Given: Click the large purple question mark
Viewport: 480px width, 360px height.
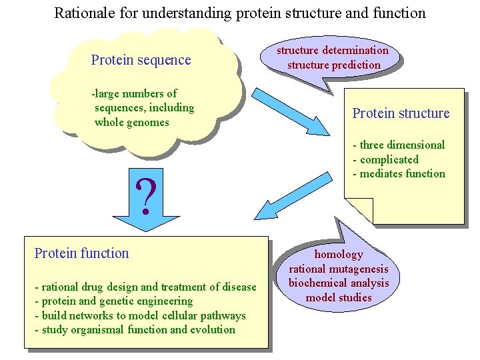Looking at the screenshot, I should coord(147,194).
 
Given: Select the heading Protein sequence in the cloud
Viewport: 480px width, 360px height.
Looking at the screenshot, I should coord(141,60).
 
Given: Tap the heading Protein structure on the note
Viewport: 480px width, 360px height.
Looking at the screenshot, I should coord(401,113).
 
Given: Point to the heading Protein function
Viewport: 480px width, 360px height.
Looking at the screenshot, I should coord(81,253).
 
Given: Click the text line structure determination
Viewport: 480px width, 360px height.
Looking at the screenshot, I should coord(333,51).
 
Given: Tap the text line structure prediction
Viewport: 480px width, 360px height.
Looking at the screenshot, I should coord(333,65).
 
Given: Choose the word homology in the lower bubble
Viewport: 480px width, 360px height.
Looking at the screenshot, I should coord(339,254).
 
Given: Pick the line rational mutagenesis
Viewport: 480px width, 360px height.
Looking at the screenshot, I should coord(339,269).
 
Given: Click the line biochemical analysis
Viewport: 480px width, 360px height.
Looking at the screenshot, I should coord(339,283).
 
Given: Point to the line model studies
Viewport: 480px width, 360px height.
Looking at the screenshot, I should coord(339,297).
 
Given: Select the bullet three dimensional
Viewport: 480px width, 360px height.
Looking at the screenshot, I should coord(399,145).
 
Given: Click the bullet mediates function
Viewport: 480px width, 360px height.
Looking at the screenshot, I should coord(399,174).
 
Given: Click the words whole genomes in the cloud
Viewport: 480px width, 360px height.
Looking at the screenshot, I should coord(132,122).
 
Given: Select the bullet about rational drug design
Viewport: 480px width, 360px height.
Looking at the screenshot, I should coord(145,287).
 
